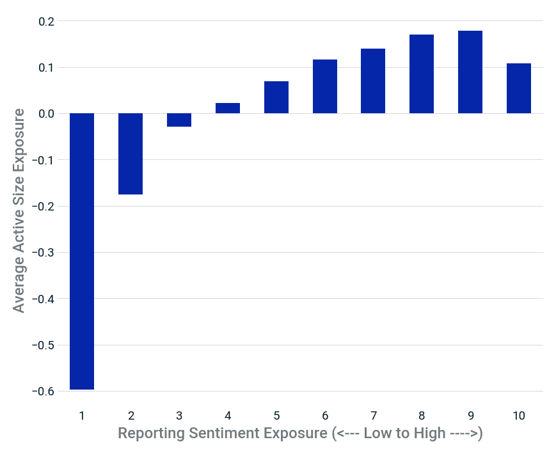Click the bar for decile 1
[x=82, y=251]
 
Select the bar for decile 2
[x=131, y=154]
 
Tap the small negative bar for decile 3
[x=179, y=120]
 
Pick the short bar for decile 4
[x=228, y=108]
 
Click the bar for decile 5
[x=276, y=97]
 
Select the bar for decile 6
[x=325, y=86]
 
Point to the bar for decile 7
[x=373, y=81]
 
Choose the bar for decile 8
[x=422, y=74]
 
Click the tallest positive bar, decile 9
[x=470, y=72]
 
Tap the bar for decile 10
[x=519, y=89]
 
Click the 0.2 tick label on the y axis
[x=47, y=22]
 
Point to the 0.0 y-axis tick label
[x=47, y=114]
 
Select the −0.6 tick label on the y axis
[x=44, y=392]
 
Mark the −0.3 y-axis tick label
[x=44, y=253]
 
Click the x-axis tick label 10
[x=519, y=416]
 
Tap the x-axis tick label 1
[x=82, y=416]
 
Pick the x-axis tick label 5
[x=276, y=416]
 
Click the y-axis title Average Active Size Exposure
[x=19, y=210]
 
